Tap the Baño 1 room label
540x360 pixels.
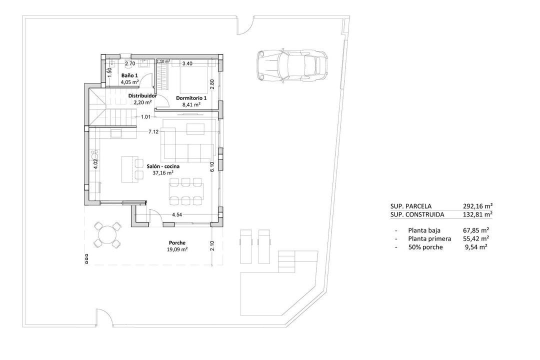point(129,75)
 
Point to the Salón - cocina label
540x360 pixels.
point(163,165)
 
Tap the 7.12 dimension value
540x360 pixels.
point(153,132)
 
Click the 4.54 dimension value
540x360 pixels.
point(177,214)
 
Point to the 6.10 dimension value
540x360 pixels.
point(212,166)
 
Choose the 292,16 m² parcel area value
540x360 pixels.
point(478,206)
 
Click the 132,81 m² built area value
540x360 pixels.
point(478,214)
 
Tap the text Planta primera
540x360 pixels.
point(429,238)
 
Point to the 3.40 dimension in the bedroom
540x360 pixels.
point(187,63)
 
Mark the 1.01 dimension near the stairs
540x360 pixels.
point(146,117)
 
